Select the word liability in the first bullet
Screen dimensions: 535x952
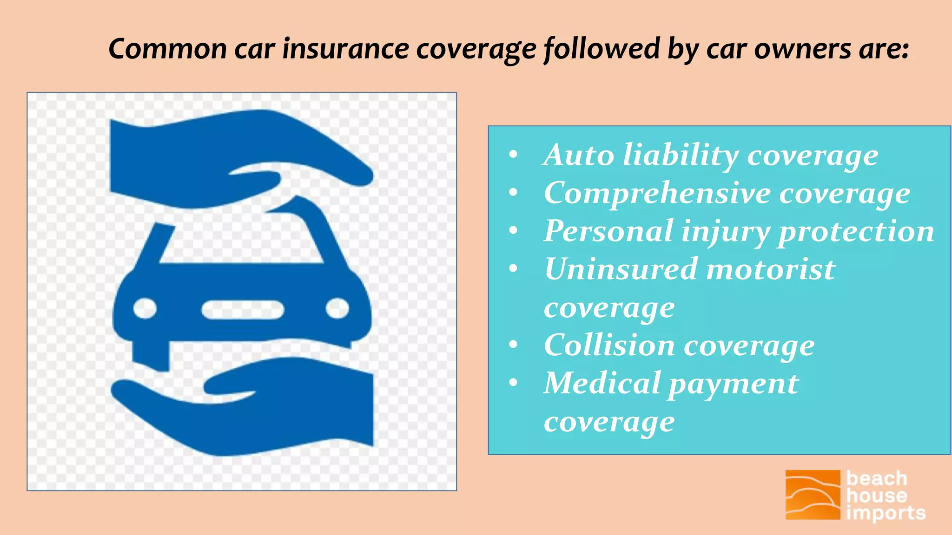click(681, 156)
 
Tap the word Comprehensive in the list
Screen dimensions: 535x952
click(657, 194)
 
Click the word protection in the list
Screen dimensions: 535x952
click(856, 232)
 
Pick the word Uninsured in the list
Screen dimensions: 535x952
click(621, 269)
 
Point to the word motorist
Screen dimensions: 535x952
click(771, 269)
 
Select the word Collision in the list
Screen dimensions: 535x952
click(609, 346)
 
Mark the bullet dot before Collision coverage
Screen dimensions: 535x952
click(513, 345)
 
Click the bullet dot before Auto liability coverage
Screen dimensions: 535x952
click(513, 155)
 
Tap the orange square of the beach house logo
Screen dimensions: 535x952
click(813, 495)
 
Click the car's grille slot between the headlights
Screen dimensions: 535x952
click(242, 310)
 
